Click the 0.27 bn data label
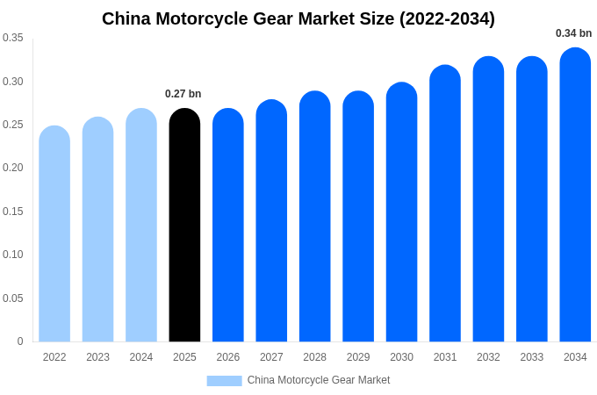(183, 94)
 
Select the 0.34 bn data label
(573, 33)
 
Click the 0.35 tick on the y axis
(13, 38)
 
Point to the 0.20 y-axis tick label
(13, 168)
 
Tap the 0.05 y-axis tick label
(13, 298)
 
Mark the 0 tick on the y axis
(20, 341)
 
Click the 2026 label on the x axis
(228, 357)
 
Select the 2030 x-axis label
(401, 357)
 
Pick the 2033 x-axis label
(532, 357)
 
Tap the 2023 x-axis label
(97, 357)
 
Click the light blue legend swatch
(224, 380)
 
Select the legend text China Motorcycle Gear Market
(319, 380)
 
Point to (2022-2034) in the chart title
(447, 18)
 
